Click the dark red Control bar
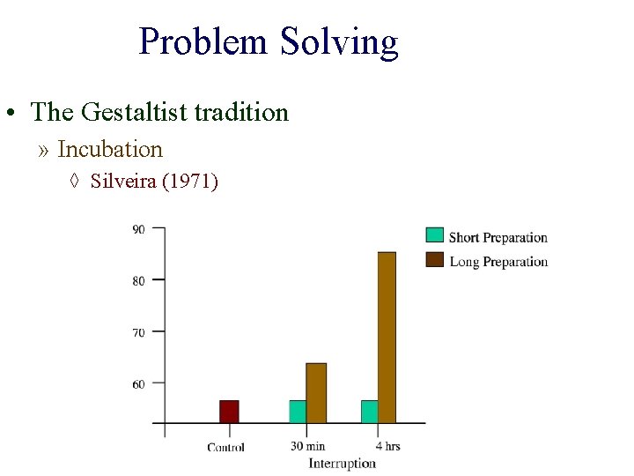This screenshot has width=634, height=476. (229, 412)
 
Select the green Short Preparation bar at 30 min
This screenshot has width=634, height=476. (298, 412)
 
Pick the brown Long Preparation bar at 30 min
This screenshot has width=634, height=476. (316, 393)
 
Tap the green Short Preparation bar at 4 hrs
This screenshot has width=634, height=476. (369, 412)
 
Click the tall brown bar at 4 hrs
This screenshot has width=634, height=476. (387, 338)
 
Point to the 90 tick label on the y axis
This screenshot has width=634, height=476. (138, 230)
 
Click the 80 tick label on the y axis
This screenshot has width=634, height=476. (138, 281)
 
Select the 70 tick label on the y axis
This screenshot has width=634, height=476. (138, 333)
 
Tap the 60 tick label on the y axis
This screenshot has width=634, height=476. (138, 384)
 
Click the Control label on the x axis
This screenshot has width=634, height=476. (226, 447)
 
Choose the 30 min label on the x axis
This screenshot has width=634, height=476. (307, 446)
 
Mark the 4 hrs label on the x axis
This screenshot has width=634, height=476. (387, 446)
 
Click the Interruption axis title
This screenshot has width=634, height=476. (342, 463)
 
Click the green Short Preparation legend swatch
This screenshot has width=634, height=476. (435, 235)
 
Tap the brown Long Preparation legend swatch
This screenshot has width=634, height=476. (435, 260)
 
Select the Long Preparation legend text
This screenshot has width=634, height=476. (498, 261)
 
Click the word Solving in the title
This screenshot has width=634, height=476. (339, 41)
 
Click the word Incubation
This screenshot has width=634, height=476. (110, 149)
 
